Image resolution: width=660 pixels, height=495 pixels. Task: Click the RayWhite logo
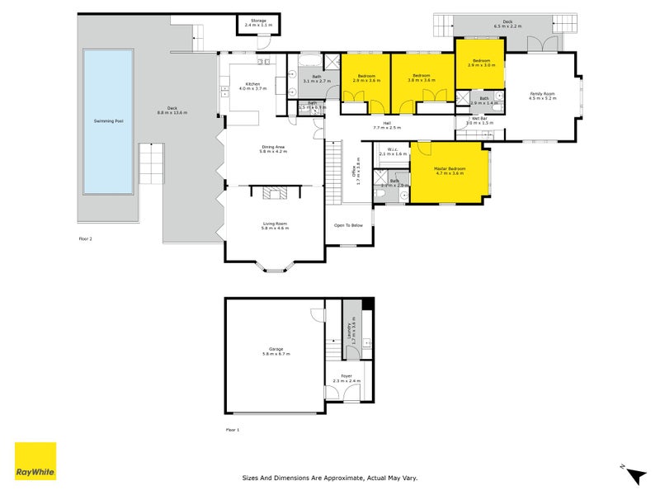[35, 461]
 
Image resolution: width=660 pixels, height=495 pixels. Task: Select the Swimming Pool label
[108, 120]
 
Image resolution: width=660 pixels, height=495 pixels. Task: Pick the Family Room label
[542, 95]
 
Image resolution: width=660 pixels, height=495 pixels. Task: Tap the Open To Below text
[348, 225]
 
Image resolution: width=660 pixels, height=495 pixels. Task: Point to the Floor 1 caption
[232, 430]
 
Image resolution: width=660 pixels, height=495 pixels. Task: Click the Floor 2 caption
[85, 238]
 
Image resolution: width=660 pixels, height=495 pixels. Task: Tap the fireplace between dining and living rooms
[273, 193]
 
